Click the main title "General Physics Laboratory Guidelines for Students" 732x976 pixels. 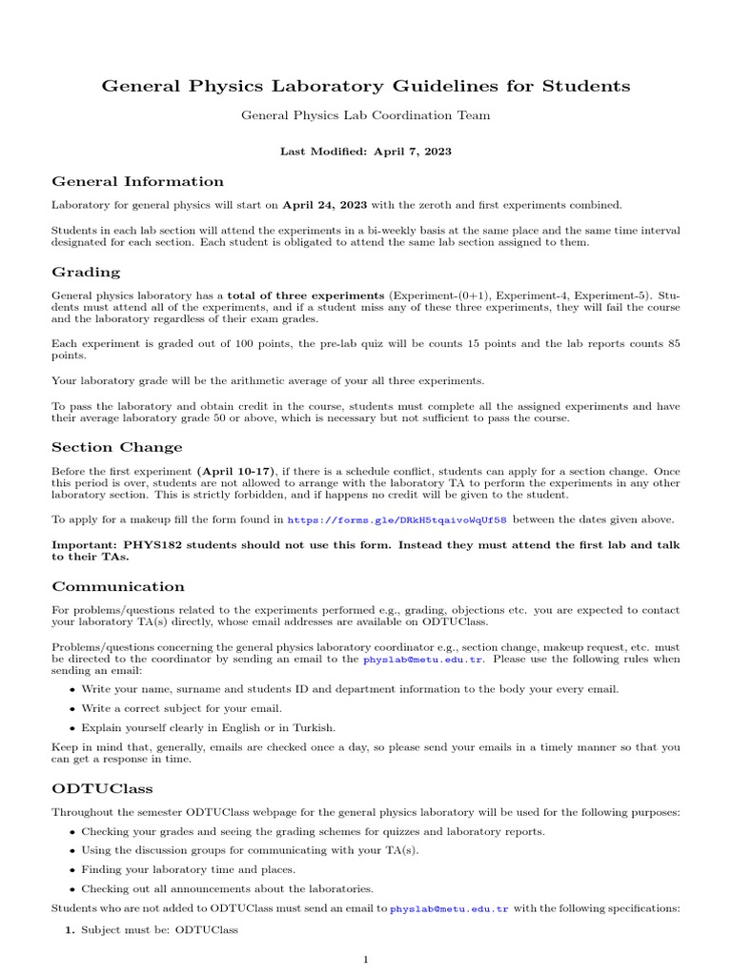pyautogui.click(x=366, y=87)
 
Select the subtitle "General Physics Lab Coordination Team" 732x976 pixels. pyautogui.click(x=366, y=115)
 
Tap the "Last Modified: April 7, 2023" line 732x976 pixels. pyautogui.click(x=366, y=151)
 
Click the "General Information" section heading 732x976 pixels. pyautogui.click(x=137, y=181)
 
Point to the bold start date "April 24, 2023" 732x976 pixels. pyautogui.click(x=324, y=204)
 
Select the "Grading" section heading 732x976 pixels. pyautogui.click(x=86, y=272)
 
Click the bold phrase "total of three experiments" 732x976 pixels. pyautogui.click(x=305, y=295)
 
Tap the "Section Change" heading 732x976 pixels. pyautogui.click(x=116, y=447)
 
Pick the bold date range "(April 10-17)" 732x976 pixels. pyautogui.click(x=236, y=471)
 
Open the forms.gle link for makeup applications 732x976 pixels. pyautogui.click(x=396, y=519)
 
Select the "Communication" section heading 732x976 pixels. pyautogui.click(x=118, y=586)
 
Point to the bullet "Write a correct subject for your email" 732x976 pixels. pyautogui.click(x=181, y=708)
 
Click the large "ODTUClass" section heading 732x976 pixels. pyautogui.click(x=102, y=789)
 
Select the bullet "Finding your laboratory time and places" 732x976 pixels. pyautogui.click(x=188, y=869)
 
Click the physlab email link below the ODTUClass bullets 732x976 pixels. pyautogui.click(x=450, y=909)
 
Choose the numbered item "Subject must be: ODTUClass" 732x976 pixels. pyautogui.click(x=159, y=928)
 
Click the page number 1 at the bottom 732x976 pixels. pyautogui.click(x=365, y=959)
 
